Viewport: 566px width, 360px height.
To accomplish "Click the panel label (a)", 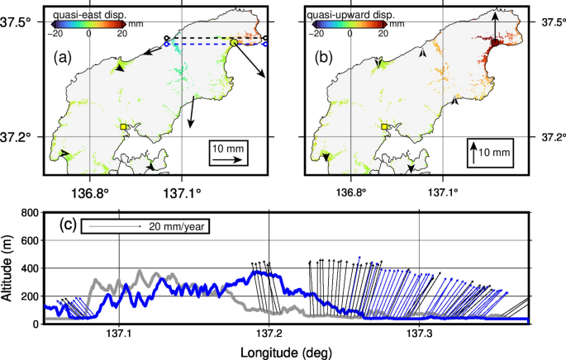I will pos(65,58).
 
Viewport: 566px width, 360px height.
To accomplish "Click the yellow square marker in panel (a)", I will pos(124,126).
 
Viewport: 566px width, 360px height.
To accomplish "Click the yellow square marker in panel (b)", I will pos(385,126).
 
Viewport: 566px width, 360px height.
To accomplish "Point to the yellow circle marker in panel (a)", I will pos(234,42).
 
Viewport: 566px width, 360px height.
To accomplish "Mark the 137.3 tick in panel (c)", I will pos(421,334).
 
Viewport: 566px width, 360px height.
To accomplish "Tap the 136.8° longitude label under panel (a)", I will pos(90,194).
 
